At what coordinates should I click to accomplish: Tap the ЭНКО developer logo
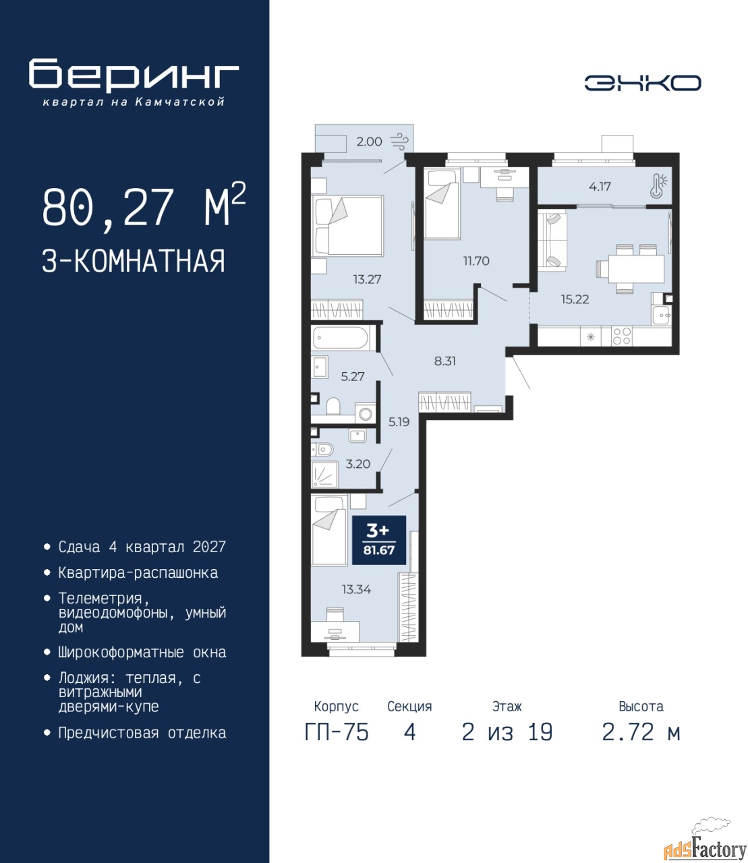coord(643,83)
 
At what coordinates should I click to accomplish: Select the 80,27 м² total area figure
coord(144,206)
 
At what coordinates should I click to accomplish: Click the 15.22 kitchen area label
coord(575,299)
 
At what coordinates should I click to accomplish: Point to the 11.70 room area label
coord(476,261)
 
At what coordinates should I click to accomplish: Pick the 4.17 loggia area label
coord(600,187)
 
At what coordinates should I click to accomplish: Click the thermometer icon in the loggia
coord(658,185)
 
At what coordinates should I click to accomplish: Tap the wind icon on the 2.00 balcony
coord(401,142)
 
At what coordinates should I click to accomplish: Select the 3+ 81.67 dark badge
coord(379,541)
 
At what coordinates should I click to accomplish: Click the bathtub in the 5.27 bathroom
coord(341,338)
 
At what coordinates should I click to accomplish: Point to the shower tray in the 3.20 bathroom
coord(325,474)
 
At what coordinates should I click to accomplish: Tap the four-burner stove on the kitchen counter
coord(621,335)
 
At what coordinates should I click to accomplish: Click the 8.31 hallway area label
coord(444,361)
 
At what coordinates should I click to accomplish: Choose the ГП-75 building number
coord(337,732)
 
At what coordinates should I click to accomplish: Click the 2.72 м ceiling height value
coord(641,732)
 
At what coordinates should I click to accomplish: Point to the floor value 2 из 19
coord(507,732)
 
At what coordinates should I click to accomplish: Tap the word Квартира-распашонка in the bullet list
coord(138,573)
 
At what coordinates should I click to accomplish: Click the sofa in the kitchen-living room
coord(552,239)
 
